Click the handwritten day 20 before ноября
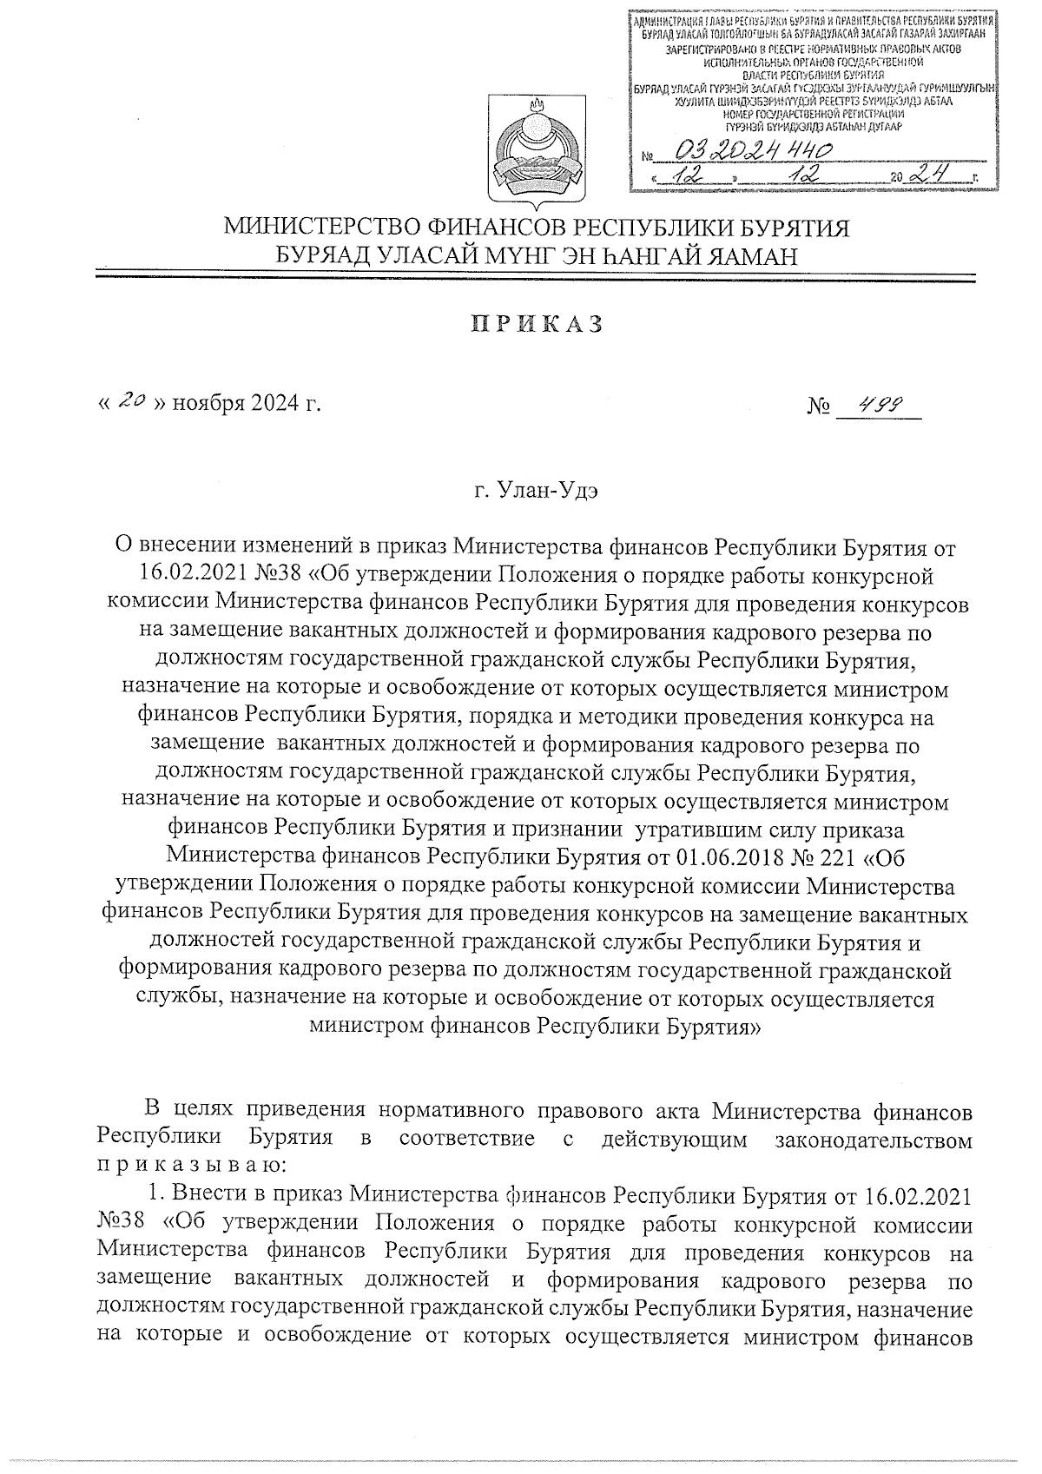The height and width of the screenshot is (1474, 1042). pyautogui.click(x=131, y=402)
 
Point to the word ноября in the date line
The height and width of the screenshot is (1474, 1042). pyautogui.click(x=209, y=404)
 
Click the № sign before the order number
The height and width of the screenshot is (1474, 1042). pyautogui.click(x=819, y=405)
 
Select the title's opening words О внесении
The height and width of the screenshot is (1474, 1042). pyautogui.click(x=176, y=549)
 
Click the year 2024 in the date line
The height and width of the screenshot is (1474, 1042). pyautogui.click(x=273, y=404)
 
